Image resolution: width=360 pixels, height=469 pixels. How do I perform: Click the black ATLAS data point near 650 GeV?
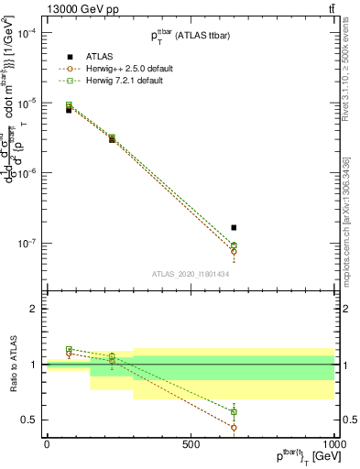(234, 227)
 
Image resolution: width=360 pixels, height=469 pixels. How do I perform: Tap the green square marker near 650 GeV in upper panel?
(234, 245)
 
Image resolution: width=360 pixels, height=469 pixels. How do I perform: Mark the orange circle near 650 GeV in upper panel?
(234, 251)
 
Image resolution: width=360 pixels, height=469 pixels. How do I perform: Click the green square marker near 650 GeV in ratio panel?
(234, 412)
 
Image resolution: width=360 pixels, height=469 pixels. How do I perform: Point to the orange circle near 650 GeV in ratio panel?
(234, 427)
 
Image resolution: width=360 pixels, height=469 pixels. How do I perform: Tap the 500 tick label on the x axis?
(191, 444)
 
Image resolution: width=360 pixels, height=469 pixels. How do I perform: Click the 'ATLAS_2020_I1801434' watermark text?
(191, 274)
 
